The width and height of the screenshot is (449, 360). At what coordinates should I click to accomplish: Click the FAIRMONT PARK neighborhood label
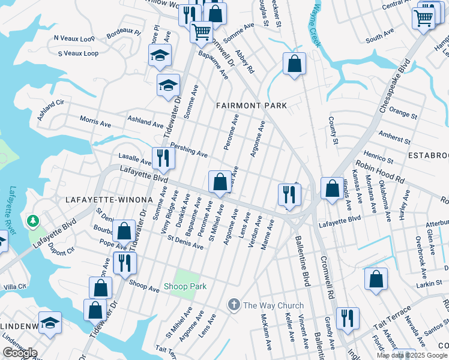[252, 106]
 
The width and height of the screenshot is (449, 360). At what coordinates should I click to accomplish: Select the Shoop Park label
[185, 287]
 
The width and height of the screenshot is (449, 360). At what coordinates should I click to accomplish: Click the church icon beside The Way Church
[234, 305]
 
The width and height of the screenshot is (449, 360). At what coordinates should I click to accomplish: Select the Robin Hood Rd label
[380, 172]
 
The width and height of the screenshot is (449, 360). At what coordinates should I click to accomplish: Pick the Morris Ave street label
[95, 122]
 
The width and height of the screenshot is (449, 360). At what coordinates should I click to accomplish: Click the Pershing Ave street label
[188, 149]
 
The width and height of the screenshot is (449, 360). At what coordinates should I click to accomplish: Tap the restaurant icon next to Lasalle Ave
[163, 158]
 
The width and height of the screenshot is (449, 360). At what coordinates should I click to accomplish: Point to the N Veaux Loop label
[74, 38]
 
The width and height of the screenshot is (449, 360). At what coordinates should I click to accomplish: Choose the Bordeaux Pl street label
[123, 31]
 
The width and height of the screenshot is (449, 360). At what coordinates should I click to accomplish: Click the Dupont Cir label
[61, 249]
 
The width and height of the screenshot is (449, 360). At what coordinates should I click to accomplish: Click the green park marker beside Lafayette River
[32, 222]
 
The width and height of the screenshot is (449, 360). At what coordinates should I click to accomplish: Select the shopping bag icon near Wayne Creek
[294, 64]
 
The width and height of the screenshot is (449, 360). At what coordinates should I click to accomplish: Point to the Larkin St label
[429, 283]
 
